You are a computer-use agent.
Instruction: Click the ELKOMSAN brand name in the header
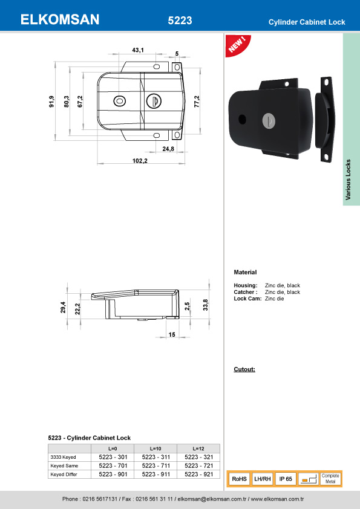pos(60,21)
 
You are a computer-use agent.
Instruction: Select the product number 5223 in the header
pos(180,21)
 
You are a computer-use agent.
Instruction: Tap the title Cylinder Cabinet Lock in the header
pos(307,22)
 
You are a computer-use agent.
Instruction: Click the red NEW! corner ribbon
pos(237,46)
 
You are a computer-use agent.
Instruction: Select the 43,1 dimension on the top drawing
pos(138,50)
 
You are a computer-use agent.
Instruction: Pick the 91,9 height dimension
pos(52,102)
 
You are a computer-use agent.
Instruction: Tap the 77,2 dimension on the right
pos(196,101)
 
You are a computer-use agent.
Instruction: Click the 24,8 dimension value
pos(168,149)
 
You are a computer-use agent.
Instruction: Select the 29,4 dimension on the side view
pos(62,307)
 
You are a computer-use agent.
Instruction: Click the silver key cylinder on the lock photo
pos(267,121)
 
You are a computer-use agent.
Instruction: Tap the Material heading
pos(245,273)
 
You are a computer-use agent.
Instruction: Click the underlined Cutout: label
pos(244,369)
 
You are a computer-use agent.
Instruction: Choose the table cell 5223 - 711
pos(155,466)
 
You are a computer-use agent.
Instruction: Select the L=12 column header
pos(198,448)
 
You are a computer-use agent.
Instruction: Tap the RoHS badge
pos(240,479)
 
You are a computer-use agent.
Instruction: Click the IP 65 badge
pos(286,479)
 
